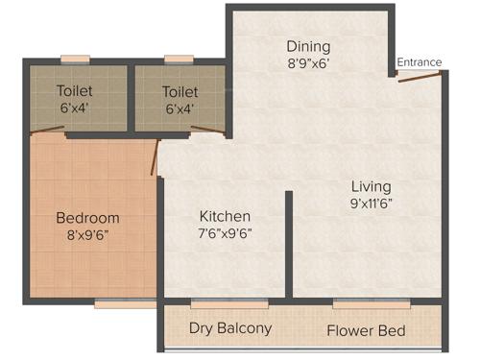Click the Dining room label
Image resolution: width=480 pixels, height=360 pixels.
[308, 46]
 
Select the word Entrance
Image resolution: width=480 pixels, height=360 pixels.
[420, 62]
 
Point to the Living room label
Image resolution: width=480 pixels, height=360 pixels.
[371, 185]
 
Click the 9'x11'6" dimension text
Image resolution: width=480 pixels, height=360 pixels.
[371, 204]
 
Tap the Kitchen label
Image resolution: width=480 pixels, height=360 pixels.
[225, 216]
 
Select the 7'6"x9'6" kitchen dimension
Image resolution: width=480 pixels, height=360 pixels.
[225, 233]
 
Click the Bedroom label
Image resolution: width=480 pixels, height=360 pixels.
[87, 218]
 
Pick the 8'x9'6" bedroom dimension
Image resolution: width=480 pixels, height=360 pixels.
[87, 235]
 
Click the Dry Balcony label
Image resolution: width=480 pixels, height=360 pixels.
[230, 328]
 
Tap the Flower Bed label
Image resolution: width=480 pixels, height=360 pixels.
[366, 331]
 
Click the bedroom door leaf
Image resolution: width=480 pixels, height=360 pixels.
[155, 158]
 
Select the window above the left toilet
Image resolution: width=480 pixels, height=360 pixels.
[75, 60]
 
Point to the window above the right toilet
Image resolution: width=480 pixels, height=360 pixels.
[179, 60]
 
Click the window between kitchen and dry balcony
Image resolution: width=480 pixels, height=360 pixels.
[228, 303]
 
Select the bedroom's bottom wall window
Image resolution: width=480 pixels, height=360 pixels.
[125, 304]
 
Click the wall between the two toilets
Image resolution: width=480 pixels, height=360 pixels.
[131, 98]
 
